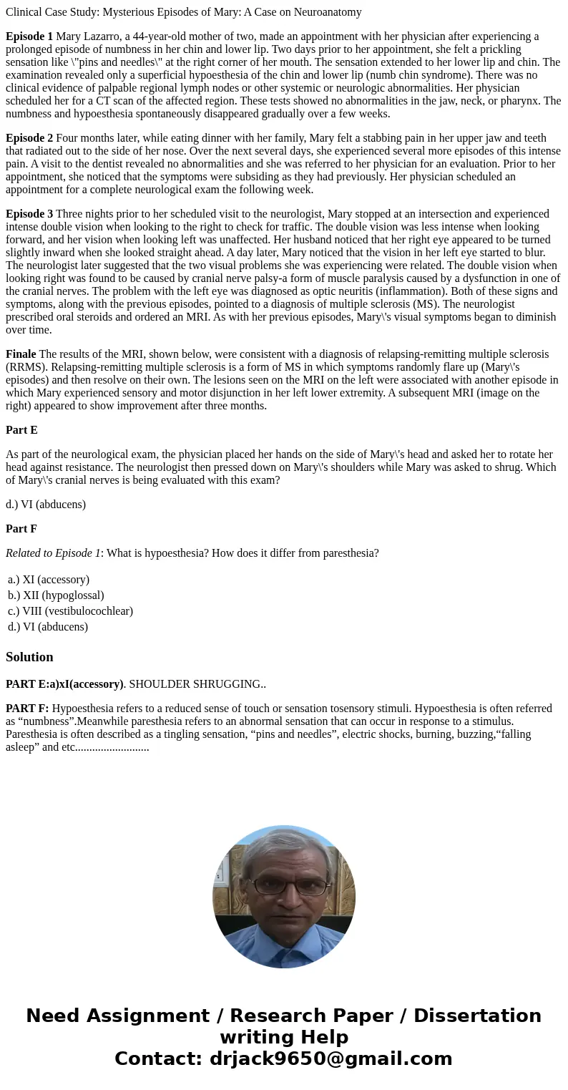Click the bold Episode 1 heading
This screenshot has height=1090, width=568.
coord(29,37)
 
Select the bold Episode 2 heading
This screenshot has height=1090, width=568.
coord(29,138)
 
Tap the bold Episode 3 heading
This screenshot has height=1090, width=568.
coord(29,214)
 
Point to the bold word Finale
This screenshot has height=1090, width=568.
coord(21,354)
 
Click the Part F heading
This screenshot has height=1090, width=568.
coord(21,529)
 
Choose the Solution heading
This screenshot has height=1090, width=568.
coord(29,657)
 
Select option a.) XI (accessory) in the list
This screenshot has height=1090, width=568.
coord(49,580)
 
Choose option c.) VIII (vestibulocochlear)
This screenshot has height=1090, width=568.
coord(70,611)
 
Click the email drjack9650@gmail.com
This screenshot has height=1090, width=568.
coord(330,1059)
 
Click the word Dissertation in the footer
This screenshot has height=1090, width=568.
coord(477,1016)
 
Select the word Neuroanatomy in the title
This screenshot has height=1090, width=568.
coord(326,12)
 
